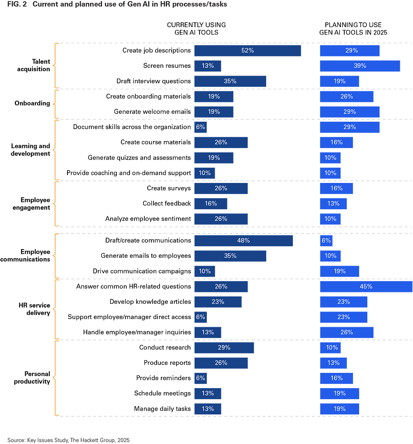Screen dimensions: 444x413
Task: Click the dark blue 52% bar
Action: [x=247, y=51]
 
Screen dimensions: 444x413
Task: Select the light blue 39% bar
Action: [x=360, y=66]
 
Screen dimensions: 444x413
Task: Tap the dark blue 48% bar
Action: [x=243, y=240]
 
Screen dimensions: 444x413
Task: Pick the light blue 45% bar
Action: [x=366, y=287]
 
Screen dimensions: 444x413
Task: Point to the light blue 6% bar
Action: [x=326, y=240]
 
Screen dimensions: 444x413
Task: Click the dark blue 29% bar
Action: [x=224, y=347]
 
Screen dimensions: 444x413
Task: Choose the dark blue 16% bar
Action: [x=211, y=203]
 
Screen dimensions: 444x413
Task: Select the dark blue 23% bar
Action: [x=218, y=302]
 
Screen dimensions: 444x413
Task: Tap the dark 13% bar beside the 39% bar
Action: [x=207, y=66]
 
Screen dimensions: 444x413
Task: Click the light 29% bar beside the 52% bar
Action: [x=350, y=51]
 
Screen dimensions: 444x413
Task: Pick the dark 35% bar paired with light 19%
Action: [x=230, y=81]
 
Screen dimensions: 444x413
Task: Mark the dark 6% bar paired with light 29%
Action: [x=200, y=127]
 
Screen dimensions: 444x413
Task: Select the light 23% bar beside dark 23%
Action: [x=343, y=302]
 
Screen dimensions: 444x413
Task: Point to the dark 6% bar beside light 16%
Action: [x=200, y=378]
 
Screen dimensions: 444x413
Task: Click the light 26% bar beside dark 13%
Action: [x=346, y=332]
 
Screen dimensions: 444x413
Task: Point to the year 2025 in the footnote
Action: [x=123, y=440]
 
